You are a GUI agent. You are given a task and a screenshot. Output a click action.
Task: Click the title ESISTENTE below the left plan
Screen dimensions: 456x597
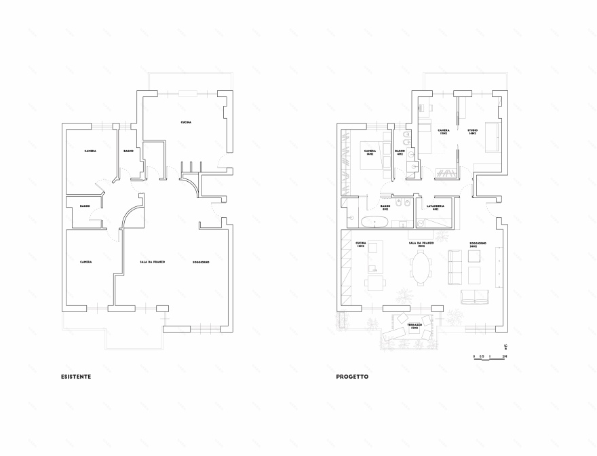click(76, 376)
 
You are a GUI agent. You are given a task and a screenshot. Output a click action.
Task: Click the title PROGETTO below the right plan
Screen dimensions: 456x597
click(352, 376)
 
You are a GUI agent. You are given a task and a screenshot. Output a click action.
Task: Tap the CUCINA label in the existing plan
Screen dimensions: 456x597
click(185, 122)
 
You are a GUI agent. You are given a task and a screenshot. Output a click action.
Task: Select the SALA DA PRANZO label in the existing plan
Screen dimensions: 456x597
click(153, 262)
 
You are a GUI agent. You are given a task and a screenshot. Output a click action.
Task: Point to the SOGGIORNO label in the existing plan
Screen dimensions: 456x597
click(201, 262)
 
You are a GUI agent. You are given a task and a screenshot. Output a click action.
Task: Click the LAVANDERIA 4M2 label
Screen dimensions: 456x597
click(435, 206)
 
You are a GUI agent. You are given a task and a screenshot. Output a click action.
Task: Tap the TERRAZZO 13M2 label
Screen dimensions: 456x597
click(415, 326)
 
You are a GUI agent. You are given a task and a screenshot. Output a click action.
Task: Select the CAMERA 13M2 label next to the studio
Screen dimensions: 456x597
click(443, 132)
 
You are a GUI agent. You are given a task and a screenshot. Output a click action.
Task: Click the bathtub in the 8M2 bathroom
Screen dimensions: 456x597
click(373, 222)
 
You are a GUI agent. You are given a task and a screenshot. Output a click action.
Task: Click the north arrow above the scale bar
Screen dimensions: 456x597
click(505, 348)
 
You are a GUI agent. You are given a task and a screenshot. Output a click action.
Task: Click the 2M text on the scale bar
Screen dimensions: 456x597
click(505, 356)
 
